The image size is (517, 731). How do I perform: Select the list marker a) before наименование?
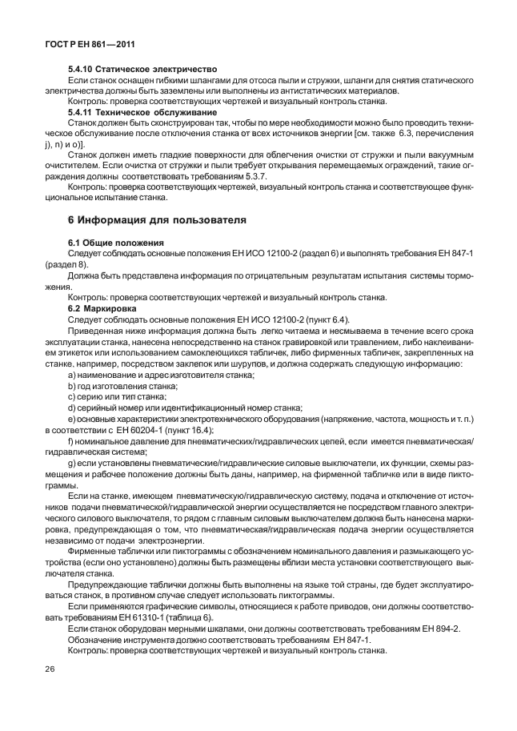(x=72, y=375)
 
